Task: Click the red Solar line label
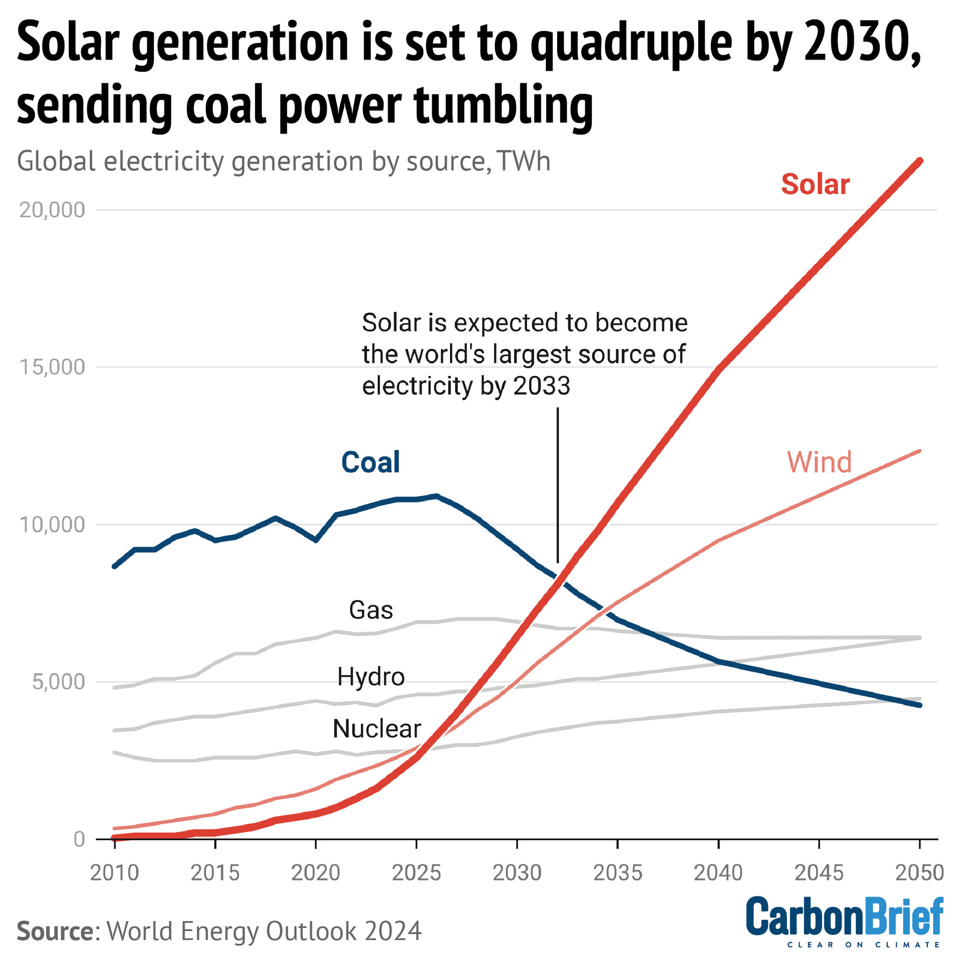(x=815, y=184)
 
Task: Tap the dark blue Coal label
(x=370, y=462)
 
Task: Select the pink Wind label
(x=819, y=462)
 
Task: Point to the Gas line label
(x=371, y=610)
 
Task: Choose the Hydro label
(x=371, y=677)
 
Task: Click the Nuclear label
(x=377, y=729)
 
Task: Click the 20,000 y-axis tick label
(x=52, y=211)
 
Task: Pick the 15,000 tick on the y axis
(x=52, y=367)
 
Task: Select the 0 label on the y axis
(x=79, y=839)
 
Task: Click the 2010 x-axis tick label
(x=114, y=873)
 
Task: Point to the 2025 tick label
(x=416, y=873)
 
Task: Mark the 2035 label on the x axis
(x=618, y=873)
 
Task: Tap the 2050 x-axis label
(x=920, y=873)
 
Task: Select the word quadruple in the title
(x=631, y=44)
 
